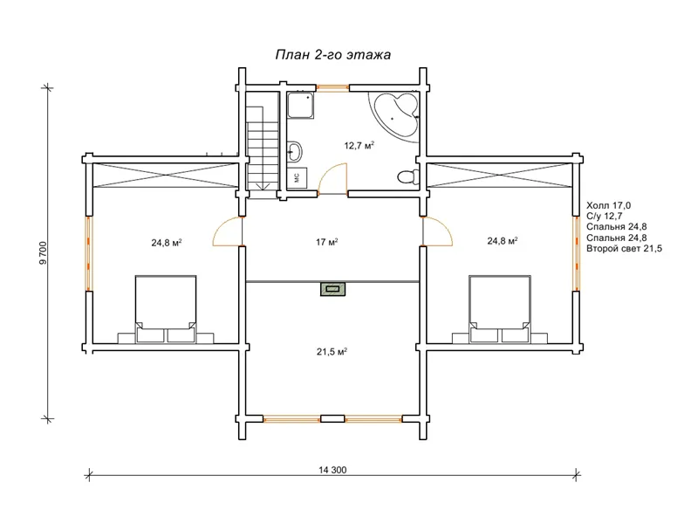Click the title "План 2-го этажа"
coord(333,55)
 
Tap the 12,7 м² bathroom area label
coord(359,145)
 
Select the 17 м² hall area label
coord(326,242)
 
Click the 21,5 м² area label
coord(332,352)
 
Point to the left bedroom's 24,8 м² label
coord(167,243)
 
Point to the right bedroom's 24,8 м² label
coord(503,241)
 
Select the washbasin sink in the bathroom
coord(294,151)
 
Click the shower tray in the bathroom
coord(301,106)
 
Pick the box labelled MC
coord(297,178)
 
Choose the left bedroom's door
coord(228,231)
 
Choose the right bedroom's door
coord(438,231)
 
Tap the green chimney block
coord(333,290)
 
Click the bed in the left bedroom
coord(166,309)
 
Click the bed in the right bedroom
coord(500,309)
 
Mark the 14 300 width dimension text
coord(332,470)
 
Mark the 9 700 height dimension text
coord(43,253)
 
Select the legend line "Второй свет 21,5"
coord(624,249)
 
